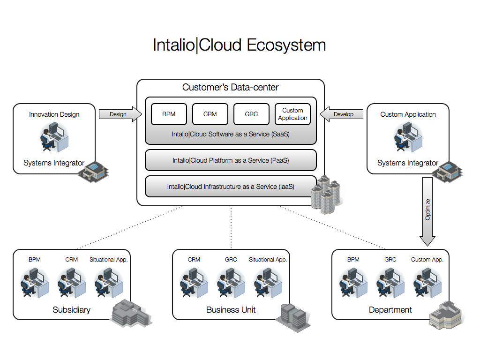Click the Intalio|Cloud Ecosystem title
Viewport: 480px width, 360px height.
(240, 45)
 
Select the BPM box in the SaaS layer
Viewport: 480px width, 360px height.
(169, 114)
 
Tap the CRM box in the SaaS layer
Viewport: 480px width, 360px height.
(210, 114)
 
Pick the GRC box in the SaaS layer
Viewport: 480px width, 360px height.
(251, 114)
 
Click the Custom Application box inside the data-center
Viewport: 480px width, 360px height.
(292, 114)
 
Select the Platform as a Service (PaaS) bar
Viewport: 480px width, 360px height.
(231, 160)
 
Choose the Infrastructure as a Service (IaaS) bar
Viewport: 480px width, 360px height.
(231, 187)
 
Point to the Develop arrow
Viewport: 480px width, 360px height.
(342, 114)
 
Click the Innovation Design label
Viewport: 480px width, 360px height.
(54, 114)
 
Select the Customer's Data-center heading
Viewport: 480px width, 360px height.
(231, 87)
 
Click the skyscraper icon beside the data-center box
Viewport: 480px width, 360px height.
(326, 195)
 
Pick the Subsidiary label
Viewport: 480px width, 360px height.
(71, 310)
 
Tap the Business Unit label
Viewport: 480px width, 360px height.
(231, 310)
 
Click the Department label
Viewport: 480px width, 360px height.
(390, 310)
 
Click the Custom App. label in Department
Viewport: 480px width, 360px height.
(427, 259)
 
